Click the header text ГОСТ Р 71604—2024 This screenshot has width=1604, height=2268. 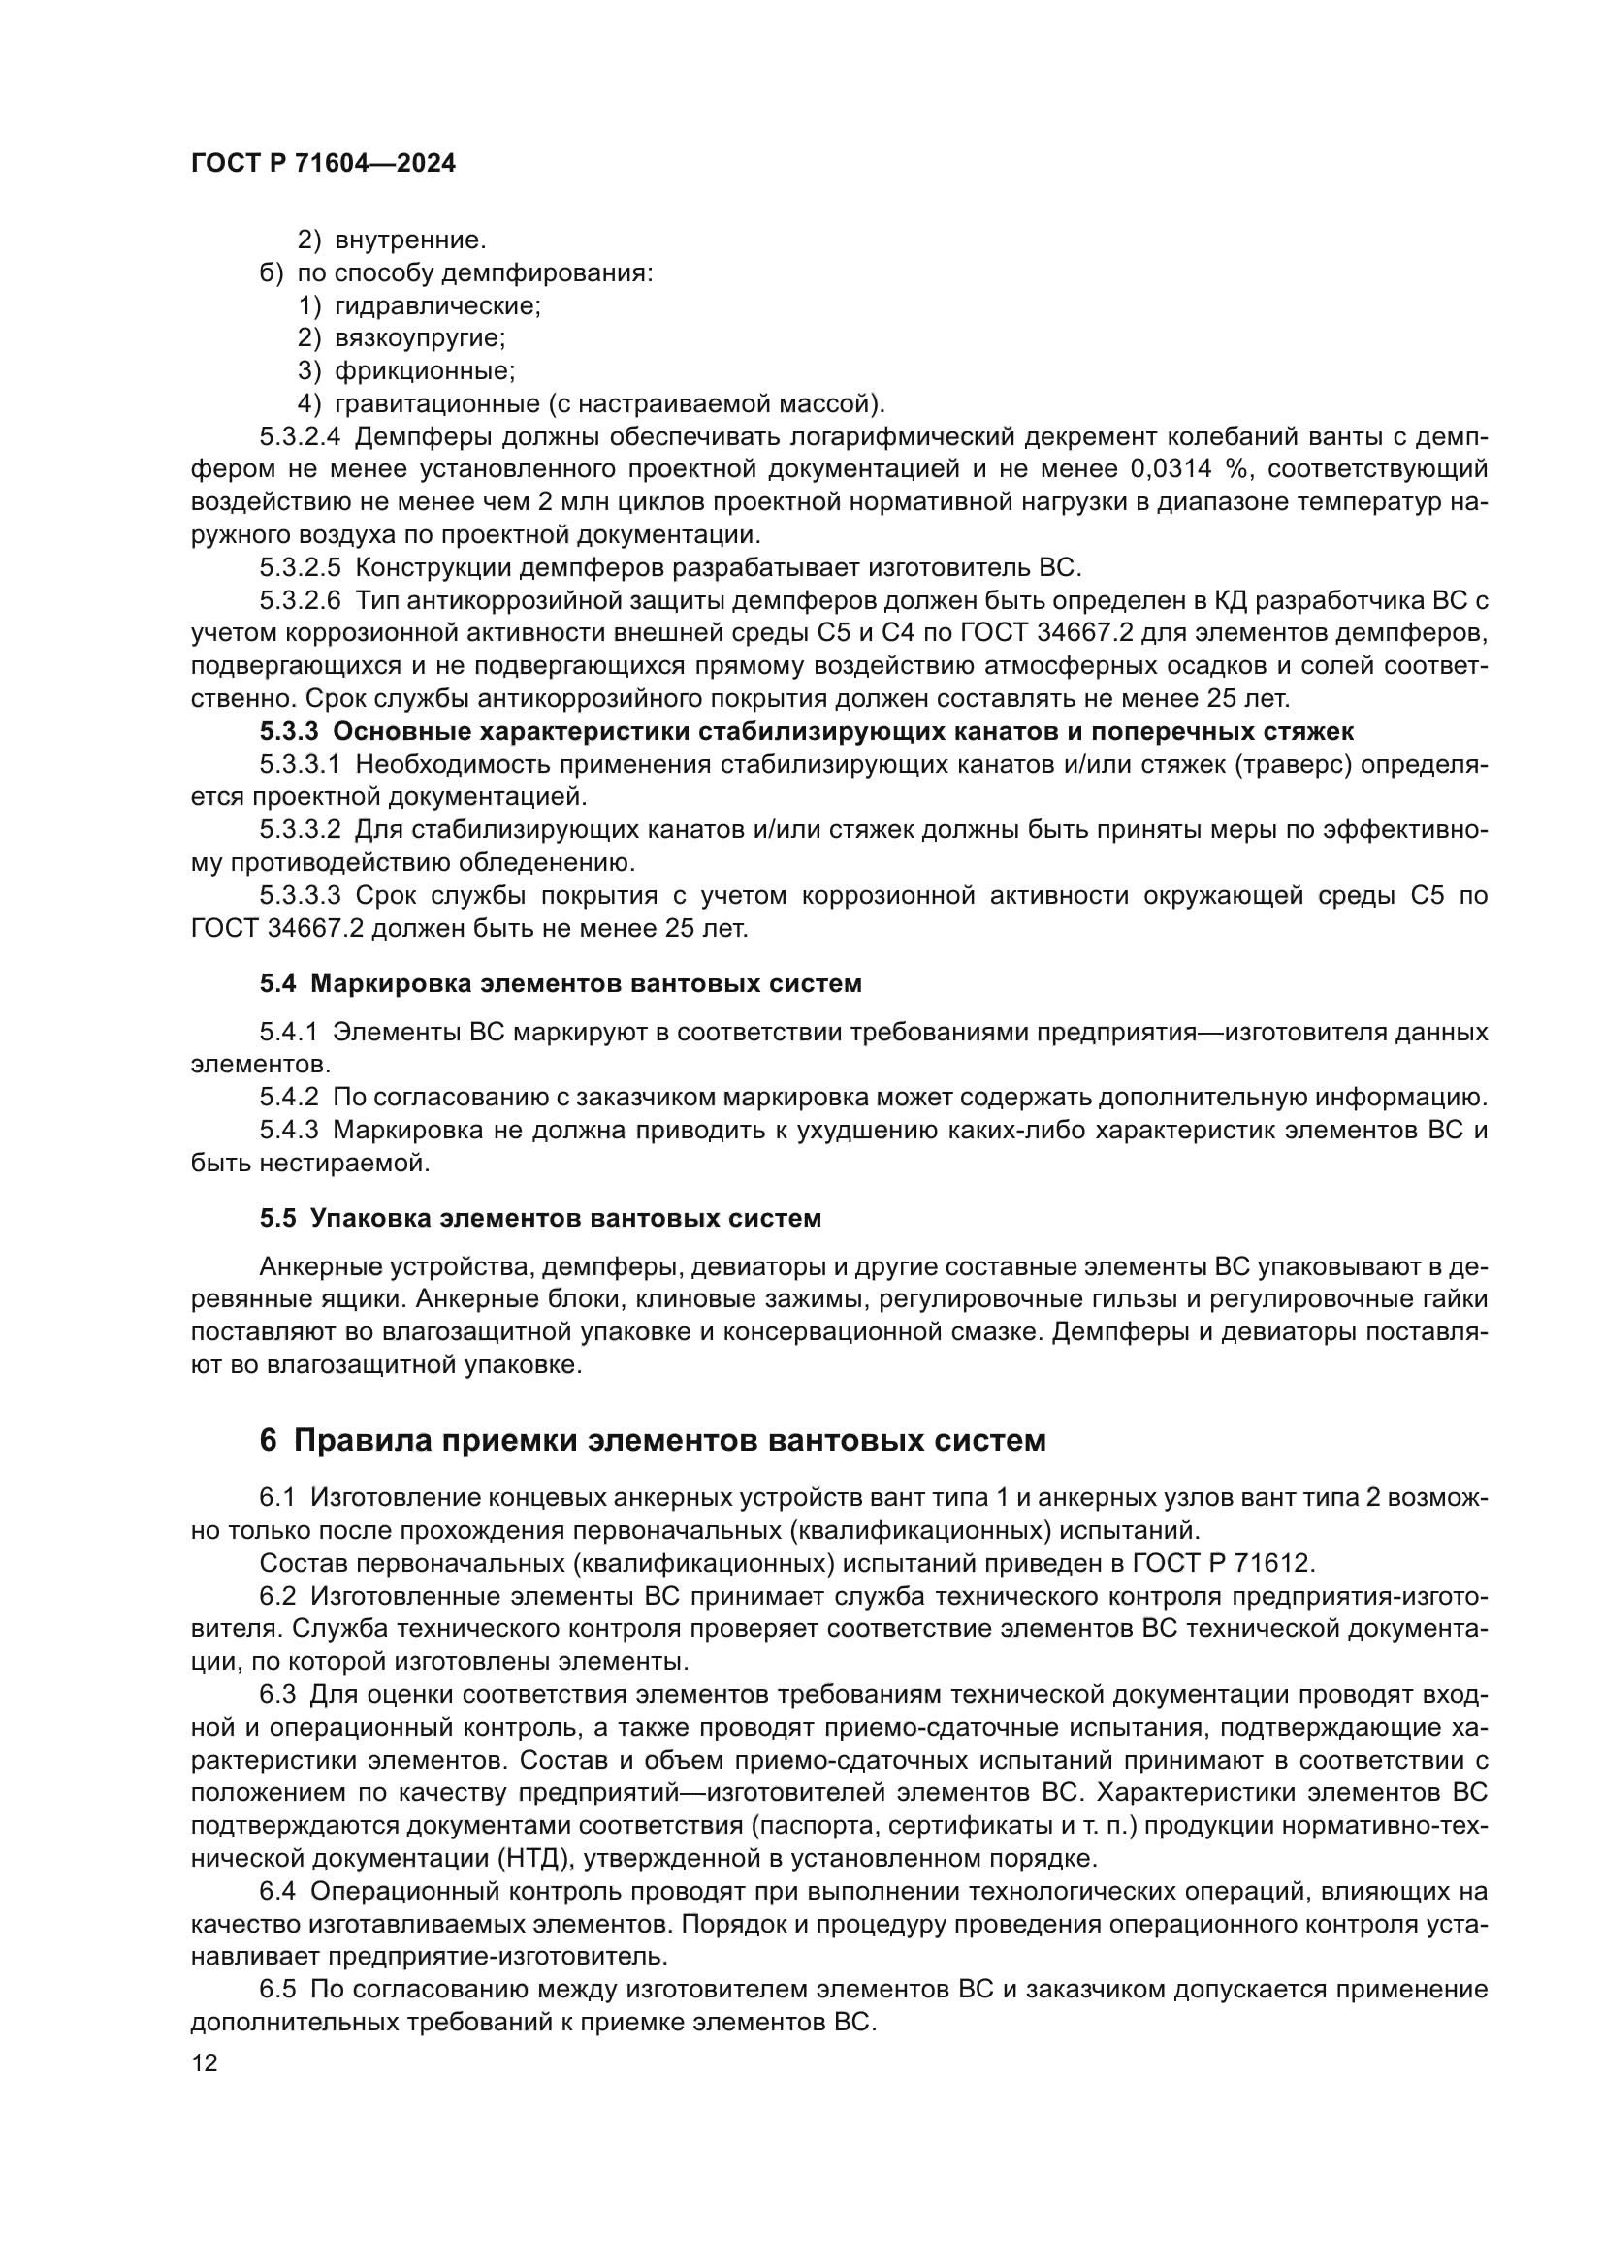point(323,164)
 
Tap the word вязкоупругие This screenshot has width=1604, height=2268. point(420,338)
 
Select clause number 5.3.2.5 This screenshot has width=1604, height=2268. point(301,568)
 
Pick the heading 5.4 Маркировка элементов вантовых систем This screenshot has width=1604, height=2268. point(560,984)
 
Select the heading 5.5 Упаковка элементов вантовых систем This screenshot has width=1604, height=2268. point(540,1219)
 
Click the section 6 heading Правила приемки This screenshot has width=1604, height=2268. point(652,1441)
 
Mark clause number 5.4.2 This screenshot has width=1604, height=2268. point(289,1098)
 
